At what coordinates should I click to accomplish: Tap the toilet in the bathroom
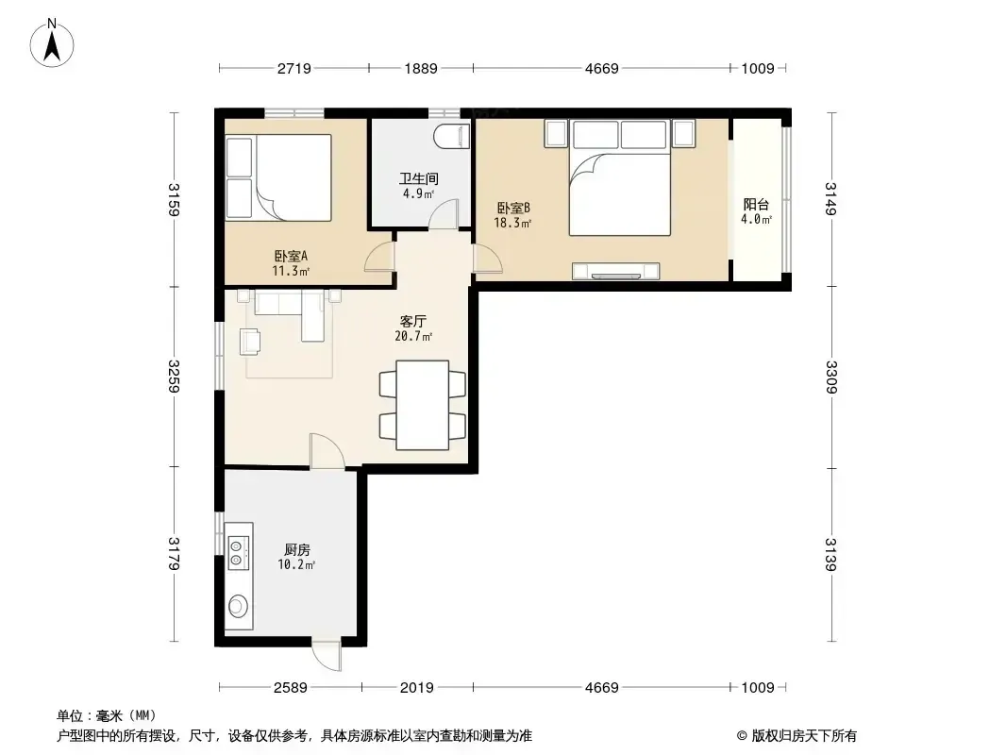pyautogui.click(x=452, y=137)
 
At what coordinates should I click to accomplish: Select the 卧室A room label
pyautogui.click(x=292, y=256)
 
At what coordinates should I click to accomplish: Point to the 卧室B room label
pyautogui.click(x=513, y=208)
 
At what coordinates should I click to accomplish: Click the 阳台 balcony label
pyautogui.click(x=756, y=204)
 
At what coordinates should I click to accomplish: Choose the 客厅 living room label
pyautogui.click(x=412, y=321)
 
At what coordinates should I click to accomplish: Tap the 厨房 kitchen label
pyautogui.click(x=297, y=549)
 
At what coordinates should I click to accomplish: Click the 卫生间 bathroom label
pyautogui.click(x=419, y=178)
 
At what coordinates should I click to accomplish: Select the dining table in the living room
pyautogui.click(x=422, y=405)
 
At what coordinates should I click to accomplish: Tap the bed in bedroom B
pyautogui.click(x=620, y=193)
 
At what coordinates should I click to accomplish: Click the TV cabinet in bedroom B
pyautogui.click(x=616, y=272)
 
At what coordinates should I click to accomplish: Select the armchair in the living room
pyautogui.click(x=250, y=342)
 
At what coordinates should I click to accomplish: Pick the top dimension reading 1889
pyautogui.click(x=421, y=68)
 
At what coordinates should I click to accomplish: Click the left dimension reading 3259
pyautogui.click(x=174, y=376)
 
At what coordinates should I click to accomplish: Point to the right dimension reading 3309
pyautogui.click(x=831, y=377)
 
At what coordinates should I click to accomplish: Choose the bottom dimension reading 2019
pyautogui.click(x=417, y=688)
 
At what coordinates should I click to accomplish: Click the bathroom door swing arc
pyautogui.click(x=444, y=211)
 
